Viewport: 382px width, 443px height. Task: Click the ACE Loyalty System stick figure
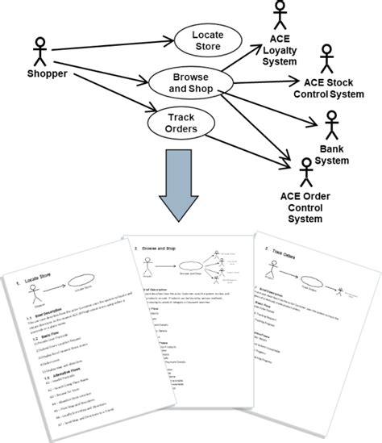click(280, 18)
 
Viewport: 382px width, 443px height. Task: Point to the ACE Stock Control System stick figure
click(326, 60)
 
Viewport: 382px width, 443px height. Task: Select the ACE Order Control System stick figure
click(305, 173)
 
